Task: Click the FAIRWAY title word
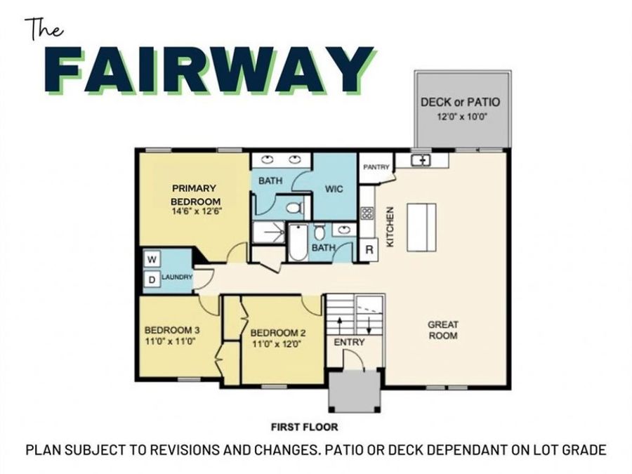point(211,70)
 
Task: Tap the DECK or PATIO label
point(460,102)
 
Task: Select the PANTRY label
point(376,167)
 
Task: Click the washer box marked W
point(151,259)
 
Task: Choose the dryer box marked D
point(151,280)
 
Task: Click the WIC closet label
point(333,189)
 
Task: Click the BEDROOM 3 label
point(172,330)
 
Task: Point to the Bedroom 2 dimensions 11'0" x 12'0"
point(277,344)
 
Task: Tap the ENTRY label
point(349,342)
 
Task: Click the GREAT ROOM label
point(443,329)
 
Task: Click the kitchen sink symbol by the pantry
point(423,160)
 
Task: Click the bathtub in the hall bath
point(298,242)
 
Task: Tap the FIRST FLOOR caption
point(304,426)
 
